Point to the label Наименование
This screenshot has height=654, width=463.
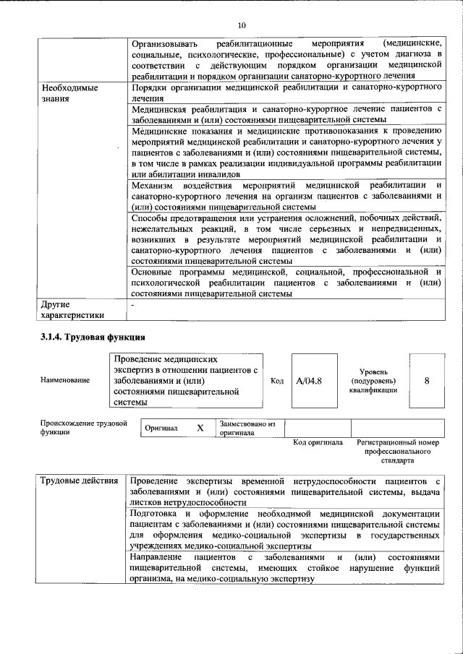pos(66,380)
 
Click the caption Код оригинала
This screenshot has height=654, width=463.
pos(318,442)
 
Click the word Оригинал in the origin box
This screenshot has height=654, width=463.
pos(161,428)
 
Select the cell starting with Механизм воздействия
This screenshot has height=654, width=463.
pos(285,196)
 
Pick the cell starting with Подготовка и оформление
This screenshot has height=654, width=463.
pos(285,529)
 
